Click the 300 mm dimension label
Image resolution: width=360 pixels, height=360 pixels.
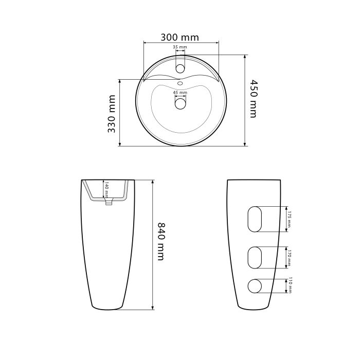(x=179, y=37)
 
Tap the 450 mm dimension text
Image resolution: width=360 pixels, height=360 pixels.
(x=253, y=99)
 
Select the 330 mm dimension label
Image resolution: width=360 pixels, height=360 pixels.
(x=112, y=114)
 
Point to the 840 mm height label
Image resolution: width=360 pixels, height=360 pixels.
(x=160, y=241)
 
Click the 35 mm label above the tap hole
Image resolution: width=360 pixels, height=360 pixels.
(x=180, y=47)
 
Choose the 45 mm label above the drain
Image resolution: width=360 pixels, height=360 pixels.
(x=180, y=93)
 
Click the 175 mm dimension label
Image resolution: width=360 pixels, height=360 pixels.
(x=289, y=219)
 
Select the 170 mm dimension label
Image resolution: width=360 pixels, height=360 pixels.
(x=289, y=258)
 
